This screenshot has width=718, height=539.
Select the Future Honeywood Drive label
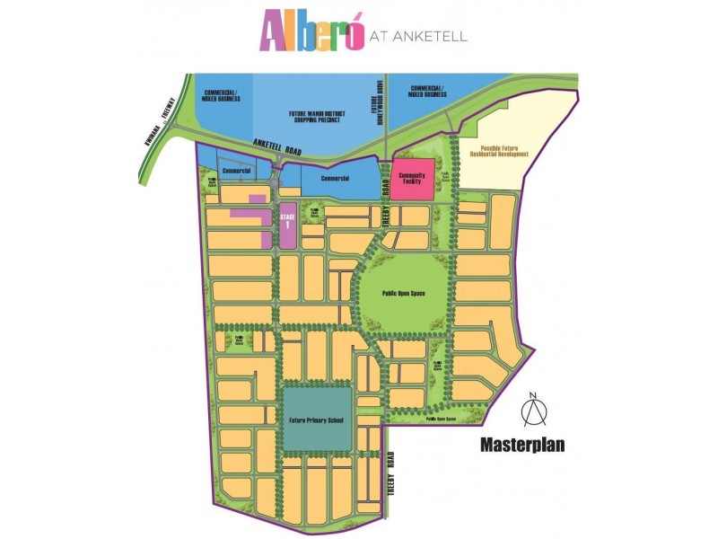coord(380,106)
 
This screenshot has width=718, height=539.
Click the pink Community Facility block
coord(412,176)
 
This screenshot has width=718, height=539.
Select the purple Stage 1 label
coord(287,221)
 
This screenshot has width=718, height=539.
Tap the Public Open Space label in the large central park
coord(403,294)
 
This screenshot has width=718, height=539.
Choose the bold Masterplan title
coord(521,445)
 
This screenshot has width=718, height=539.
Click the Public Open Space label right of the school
coord(442,419)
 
